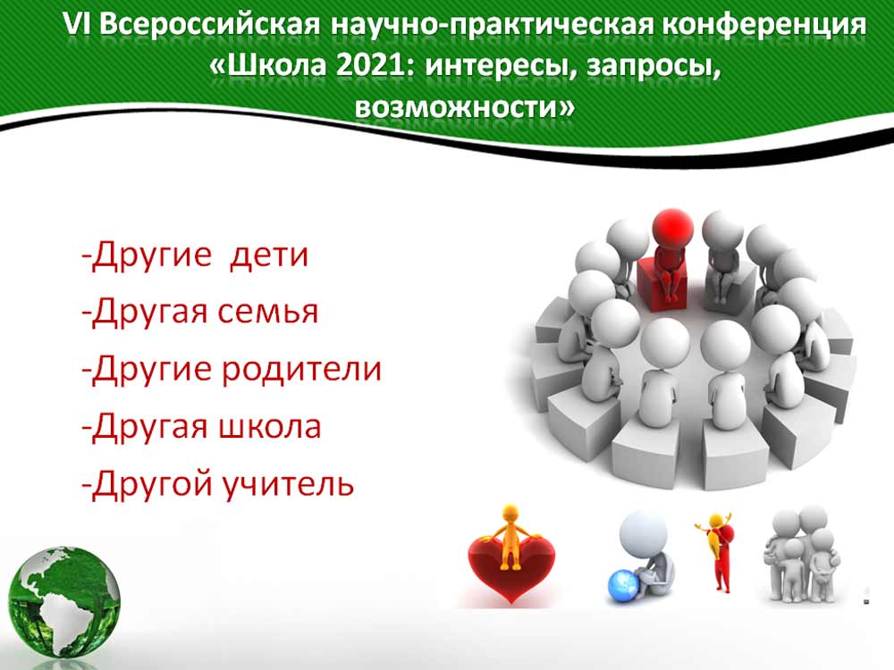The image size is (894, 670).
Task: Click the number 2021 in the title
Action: click(372, 66)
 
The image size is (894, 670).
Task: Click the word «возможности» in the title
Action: click(464, 106)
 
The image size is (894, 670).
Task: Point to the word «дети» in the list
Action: click(268, 255)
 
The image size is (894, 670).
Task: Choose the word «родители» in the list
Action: click(301, 369)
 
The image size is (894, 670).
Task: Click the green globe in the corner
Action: click(63, 601)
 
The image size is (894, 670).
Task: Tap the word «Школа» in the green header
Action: click(277, 66)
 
